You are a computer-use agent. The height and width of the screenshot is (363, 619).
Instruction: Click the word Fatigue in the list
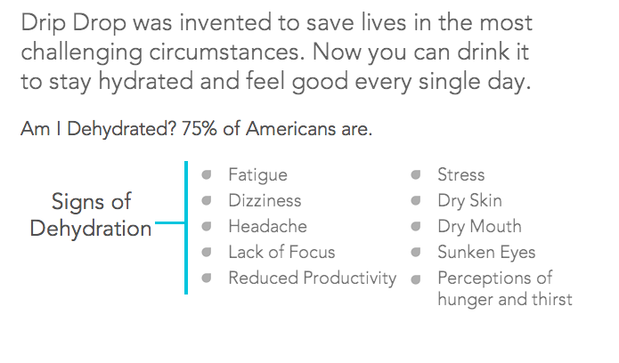[257, 175]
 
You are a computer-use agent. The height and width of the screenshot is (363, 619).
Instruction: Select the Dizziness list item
[265, 200]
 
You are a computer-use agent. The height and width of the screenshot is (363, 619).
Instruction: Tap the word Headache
[268, 226]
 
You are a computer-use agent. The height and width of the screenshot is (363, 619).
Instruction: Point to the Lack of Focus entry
[281, 252]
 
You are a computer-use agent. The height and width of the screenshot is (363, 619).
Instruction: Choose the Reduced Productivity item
[313, 278]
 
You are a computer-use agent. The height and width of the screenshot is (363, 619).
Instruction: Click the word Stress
[460, 174]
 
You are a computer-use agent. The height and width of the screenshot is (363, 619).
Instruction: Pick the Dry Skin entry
[469, 201]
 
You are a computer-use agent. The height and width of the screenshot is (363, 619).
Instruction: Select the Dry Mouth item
[480, 227]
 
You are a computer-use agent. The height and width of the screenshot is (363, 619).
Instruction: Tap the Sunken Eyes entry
[486, 253]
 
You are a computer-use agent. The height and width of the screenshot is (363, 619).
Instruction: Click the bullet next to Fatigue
[207, 174]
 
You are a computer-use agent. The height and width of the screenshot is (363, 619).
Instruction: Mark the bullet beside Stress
[416, 174]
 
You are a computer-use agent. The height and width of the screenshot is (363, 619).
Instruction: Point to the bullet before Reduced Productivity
[207, 278]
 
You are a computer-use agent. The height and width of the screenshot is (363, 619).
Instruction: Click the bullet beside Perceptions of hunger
[416, 279]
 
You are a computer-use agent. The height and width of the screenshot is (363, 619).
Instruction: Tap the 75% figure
[199, 129]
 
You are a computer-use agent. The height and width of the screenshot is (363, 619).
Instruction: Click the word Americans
[290, 129]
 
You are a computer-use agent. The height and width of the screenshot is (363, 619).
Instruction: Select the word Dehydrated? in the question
[121, 129]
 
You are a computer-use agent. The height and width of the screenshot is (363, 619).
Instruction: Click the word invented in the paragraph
[225, 22]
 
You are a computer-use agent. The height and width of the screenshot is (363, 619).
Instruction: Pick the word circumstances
[227, 52]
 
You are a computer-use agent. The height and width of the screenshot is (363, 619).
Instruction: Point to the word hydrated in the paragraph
[146, 82]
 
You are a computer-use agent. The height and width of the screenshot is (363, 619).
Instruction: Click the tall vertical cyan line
[186, 228]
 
